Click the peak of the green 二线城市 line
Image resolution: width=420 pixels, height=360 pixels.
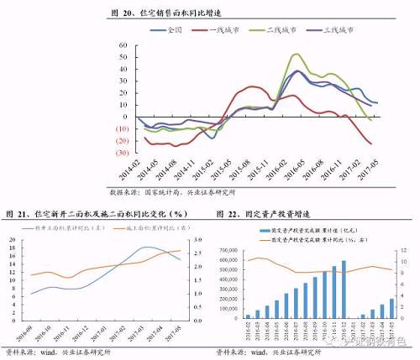[x=297, y=55]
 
